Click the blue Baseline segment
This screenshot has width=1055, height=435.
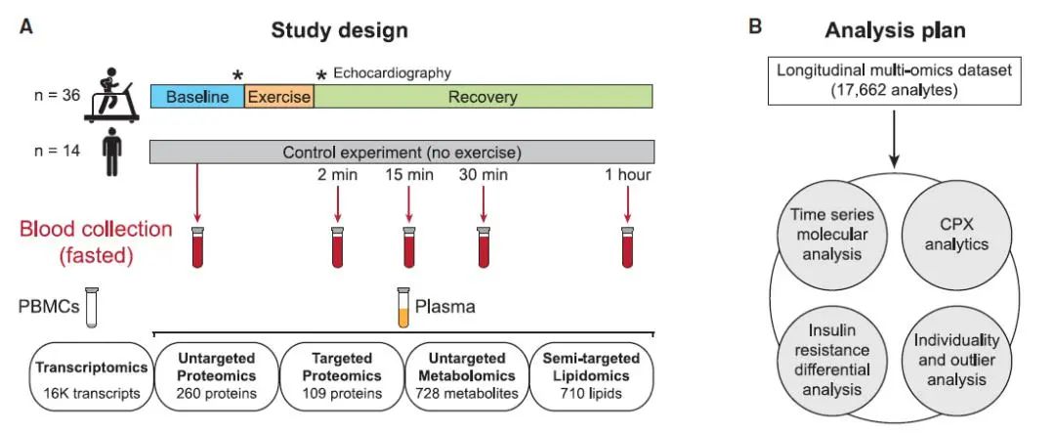196,97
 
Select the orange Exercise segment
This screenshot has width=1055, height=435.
278,97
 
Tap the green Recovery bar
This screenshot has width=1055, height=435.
483,97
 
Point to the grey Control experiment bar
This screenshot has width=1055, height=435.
401,152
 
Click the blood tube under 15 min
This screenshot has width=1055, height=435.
410,248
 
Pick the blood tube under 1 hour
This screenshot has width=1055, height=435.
627,248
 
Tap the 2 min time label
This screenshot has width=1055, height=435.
337,176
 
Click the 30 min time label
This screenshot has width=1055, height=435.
484,176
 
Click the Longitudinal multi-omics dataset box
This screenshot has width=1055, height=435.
894,79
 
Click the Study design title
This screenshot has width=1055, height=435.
339,29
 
